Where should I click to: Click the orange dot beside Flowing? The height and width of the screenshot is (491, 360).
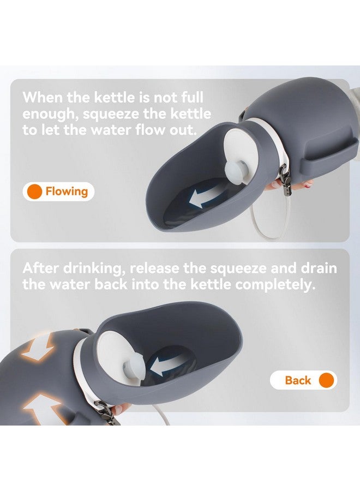click(34, 191)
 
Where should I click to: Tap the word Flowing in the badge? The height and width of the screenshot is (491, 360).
click(67, 191)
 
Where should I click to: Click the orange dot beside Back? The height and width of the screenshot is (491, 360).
click(327, 380)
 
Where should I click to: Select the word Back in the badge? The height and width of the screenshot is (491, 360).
click(298, 380)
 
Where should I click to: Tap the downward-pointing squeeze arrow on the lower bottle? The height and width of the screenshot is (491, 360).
click(38, 348)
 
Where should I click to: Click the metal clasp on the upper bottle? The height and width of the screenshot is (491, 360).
click(285, 177)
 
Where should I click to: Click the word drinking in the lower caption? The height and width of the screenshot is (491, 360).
click(94, 269)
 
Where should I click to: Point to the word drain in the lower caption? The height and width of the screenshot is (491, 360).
click(319, 268)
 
